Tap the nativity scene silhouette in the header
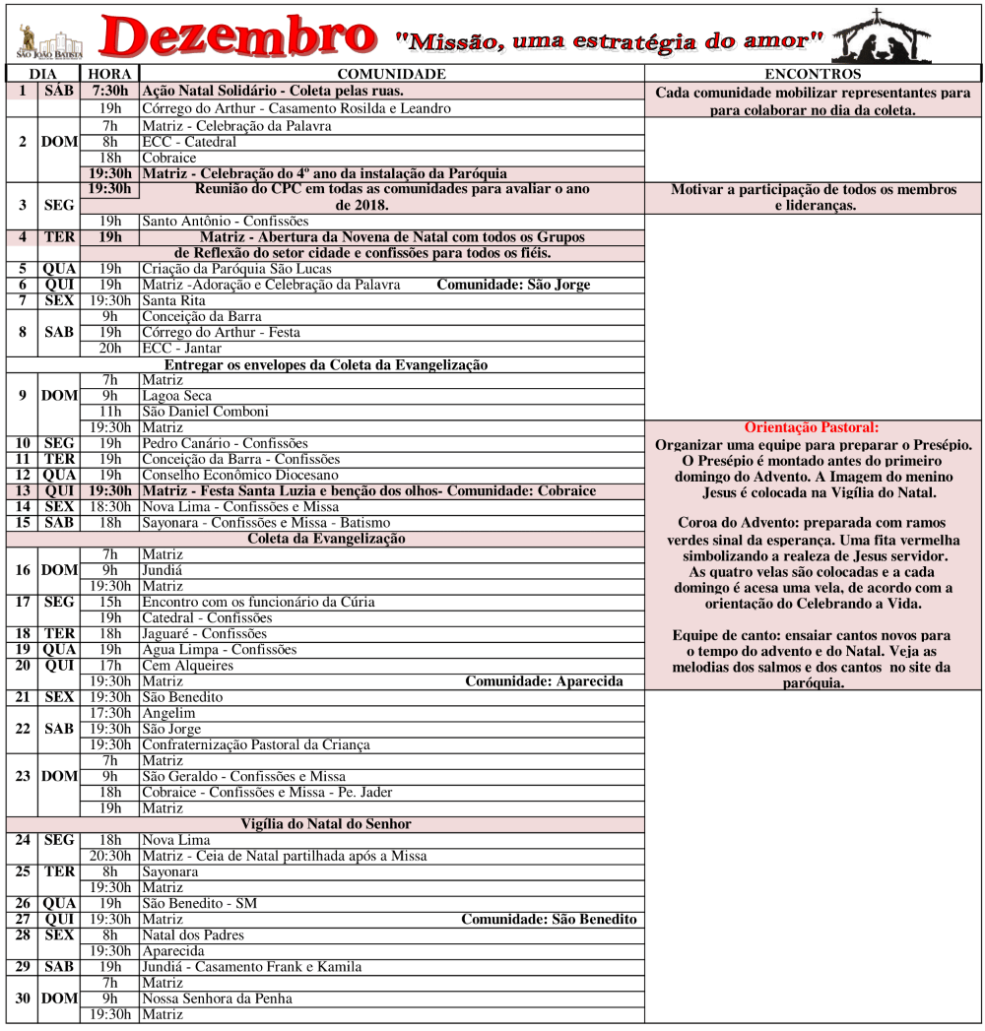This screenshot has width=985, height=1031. (x=888, y=37)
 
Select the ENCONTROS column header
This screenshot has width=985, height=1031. (x=813, y=74)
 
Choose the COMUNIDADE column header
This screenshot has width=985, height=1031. (x=391, y=74)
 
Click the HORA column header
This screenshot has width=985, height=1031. (x=110, y=74)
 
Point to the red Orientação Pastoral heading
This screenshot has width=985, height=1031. (x=812, y=428)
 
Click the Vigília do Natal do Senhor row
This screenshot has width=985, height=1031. (x=325, y=824)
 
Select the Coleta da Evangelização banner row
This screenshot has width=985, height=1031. (x=325, y=539)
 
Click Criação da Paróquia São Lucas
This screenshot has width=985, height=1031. (x=236, y=269)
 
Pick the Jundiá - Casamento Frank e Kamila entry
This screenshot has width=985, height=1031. (x=252, y=967)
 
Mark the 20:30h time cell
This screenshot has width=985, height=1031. (x=110, y=856)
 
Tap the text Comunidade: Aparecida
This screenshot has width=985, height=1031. (x=544, y=681)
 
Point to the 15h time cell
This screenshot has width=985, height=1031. (x=110, y=602)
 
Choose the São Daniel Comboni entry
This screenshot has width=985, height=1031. (x=205, y=412)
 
